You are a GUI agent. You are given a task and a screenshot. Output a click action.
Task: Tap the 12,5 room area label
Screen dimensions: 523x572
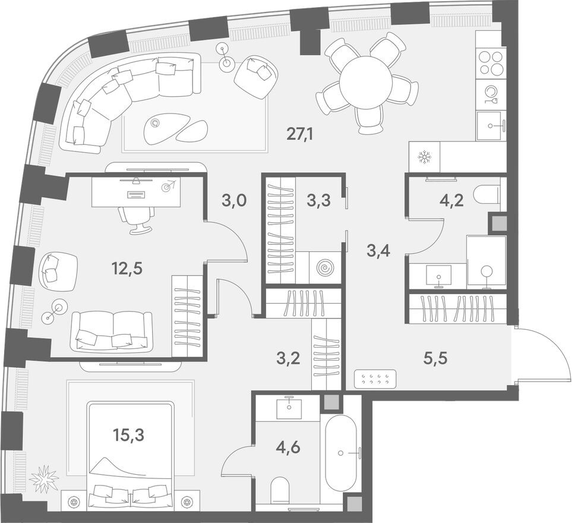click(x=128, y=268)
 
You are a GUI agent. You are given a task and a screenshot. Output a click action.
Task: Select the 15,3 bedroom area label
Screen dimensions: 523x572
click(x=128, y=434)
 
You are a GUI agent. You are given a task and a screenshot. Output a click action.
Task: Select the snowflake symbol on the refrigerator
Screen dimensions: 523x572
click(x=424, y=157)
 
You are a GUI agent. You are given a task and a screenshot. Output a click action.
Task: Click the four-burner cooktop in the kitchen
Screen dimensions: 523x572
click(x=491, y=63)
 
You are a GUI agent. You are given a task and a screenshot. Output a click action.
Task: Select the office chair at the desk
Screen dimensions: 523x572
click(x=136, y=219)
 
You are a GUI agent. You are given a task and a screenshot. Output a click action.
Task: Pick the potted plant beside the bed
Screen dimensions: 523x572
click(x=45, y=478)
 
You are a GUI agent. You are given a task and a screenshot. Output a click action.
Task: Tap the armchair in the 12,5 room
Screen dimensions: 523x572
click(x=57, y=271)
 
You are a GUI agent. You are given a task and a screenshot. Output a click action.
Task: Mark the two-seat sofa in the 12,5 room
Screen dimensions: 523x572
click(x=109, y=330)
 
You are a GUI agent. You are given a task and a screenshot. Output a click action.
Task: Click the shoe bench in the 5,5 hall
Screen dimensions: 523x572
click(x=375, y=379)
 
